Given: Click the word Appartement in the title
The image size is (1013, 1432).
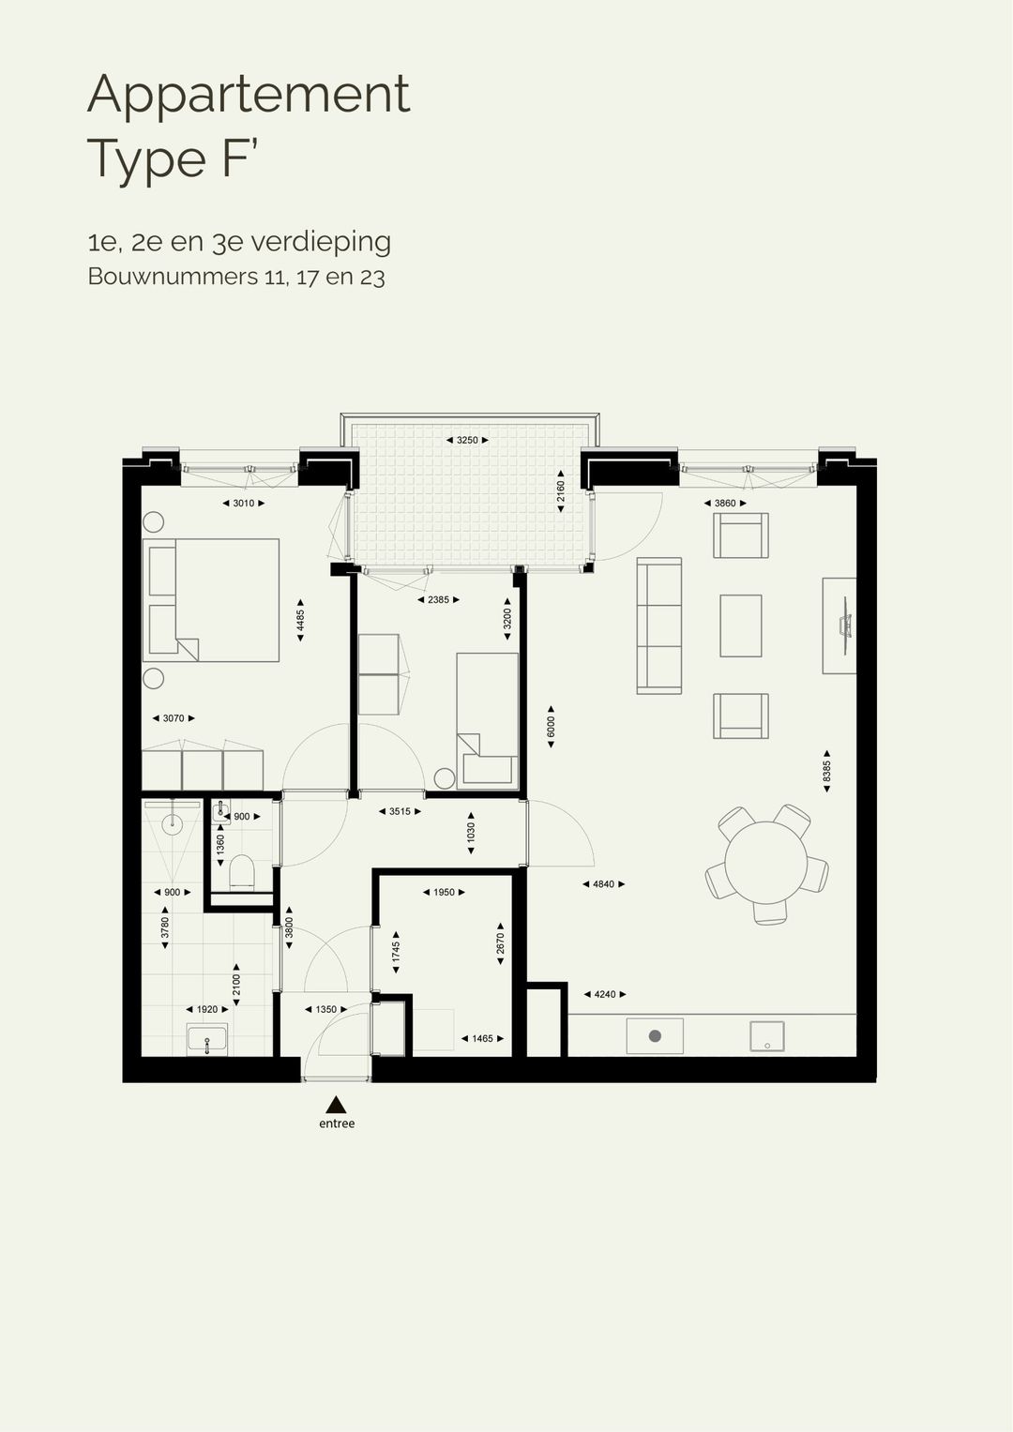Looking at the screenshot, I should click(x=249, y=95).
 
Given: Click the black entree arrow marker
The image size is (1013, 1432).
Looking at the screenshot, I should click(x=336, y=1104).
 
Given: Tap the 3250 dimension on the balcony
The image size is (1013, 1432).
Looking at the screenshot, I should click(x=467, y=440).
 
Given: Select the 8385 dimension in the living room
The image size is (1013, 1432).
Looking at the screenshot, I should click(x=826, y=771).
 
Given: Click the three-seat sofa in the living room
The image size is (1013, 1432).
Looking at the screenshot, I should click(x=658, y=626).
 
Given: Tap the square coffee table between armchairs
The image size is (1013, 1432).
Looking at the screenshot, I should click(x=740, y=626).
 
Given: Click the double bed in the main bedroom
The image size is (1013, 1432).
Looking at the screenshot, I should click(x=212, y=600).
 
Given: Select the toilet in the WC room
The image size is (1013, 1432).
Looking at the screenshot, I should click(x=242, y=872).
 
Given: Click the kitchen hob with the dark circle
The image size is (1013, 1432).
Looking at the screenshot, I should click(x=655, y=1035).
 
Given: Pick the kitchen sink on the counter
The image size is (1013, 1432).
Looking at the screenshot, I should click(x=767, y=1035).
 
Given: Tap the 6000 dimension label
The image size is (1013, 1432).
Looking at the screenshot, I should click(x=552, y=727).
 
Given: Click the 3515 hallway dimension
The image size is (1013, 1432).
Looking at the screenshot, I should click(x=400, y=811).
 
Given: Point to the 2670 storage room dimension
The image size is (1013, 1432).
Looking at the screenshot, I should click(x=500, y=942).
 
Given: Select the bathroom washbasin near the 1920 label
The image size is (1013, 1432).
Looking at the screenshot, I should click(x=206, y=1040).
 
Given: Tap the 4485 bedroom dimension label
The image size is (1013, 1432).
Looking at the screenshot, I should click(x=300, y=620).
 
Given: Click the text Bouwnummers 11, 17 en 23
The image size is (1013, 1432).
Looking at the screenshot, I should click(x=236, y=277).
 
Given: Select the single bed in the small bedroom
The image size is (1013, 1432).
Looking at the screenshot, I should click(x=487, y=718).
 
